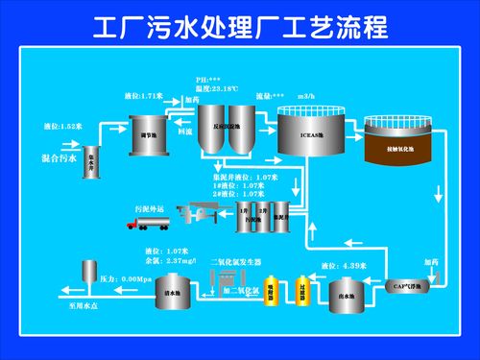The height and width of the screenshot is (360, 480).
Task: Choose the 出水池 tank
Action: (346, 295)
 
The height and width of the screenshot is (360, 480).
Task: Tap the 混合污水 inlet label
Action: (60, 157)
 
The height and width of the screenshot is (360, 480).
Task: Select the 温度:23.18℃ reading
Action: (219, 88)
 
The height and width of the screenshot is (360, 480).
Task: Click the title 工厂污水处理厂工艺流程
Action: (240, 26)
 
